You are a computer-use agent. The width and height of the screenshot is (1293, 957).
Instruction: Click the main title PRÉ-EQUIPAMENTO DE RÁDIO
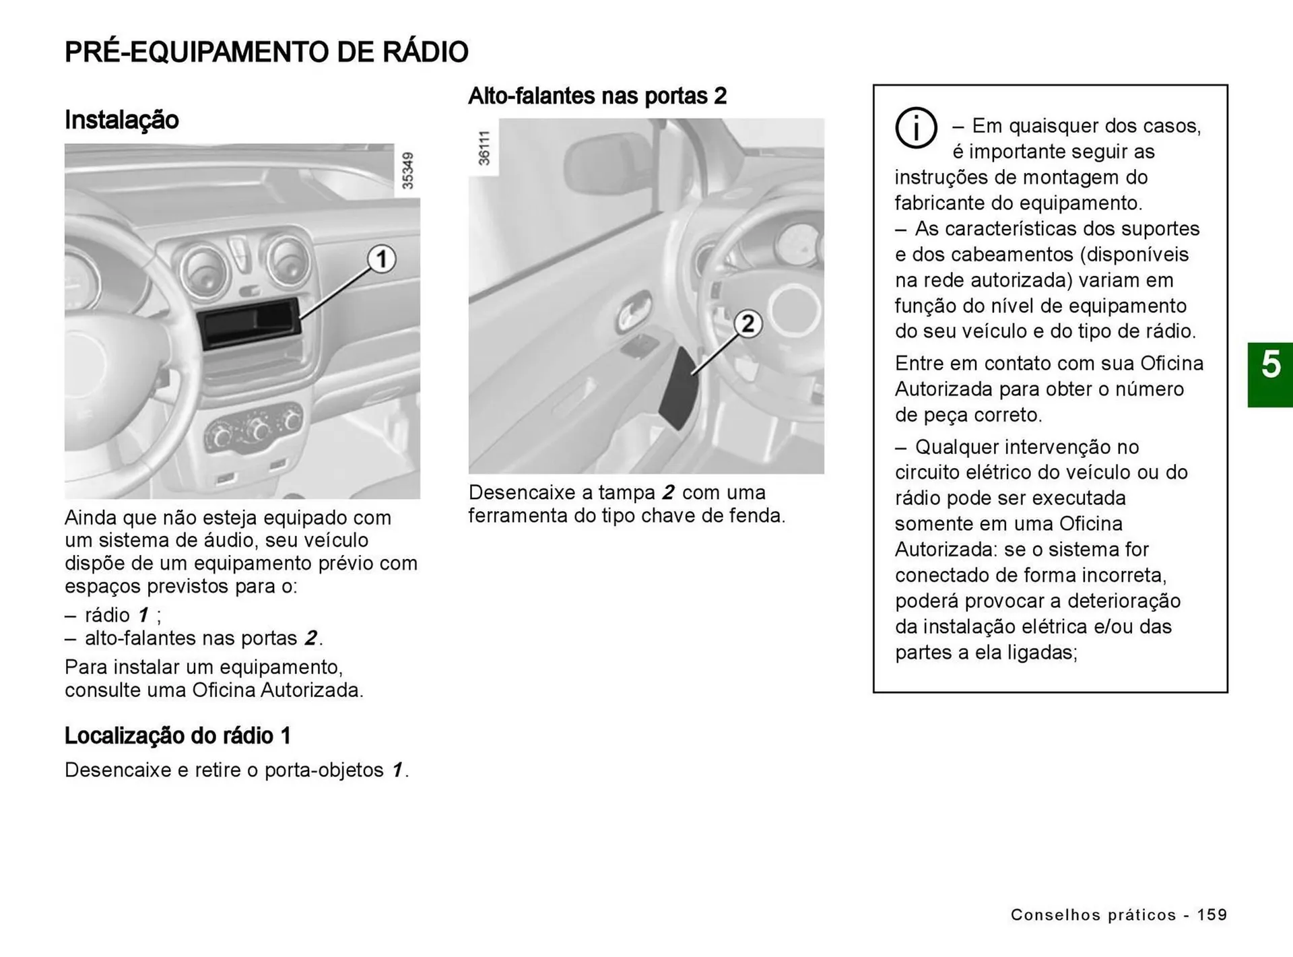[x=266, y=53]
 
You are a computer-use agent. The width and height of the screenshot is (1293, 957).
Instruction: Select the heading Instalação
[x=122, y=120]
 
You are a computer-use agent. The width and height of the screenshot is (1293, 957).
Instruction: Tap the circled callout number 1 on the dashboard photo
[x=381, y=259]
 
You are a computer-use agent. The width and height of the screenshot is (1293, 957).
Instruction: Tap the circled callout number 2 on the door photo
[x=748, y=325]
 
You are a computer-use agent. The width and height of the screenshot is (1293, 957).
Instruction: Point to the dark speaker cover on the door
[x=677, y=389]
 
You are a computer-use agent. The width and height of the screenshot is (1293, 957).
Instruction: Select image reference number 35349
[x=407, y=171]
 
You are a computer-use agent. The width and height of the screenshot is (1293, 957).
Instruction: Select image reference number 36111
[x=484, y=149]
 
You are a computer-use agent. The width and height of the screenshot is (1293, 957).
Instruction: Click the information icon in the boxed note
[x=916, y=127]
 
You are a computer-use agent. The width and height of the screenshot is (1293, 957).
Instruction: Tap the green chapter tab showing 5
[x=1270, y=374]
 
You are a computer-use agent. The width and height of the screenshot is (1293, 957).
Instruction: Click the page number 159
[x=1212, y=915]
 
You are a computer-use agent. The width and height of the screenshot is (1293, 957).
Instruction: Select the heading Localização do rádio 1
[x=178, y=735]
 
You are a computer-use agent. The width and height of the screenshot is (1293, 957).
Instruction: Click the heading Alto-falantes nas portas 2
[x=597, y=96]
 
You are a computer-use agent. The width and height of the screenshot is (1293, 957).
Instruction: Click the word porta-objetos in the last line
[x=324, y=770]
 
